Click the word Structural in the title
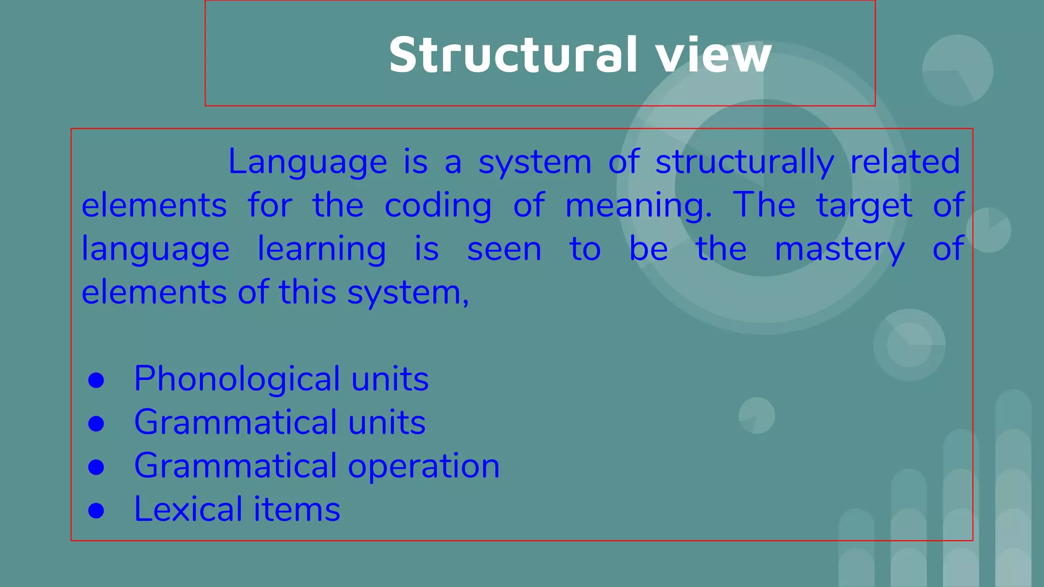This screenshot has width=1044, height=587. point(513,55)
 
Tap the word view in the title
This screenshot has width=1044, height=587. point(714,55)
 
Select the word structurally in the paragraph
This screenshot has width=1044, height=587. point(744,162)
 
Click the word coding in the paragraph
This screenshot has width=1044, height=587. point(438,206)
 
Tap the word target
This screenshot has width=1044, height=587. point(864,206)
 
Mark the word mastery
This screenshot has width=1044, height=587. point(839,249)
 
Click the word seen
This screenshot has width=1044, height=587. point(504,249)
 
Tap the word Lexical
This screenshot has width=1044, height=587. point(188,509)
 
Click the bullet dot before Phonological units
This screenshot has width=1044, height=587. point(96,380)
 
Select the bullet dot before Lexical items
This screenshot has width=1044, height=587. point(96,511)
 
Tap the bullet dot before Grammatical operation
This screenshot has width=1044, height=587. point(96,467)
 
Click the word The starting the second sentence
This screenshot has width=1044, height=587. point(764,205)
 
